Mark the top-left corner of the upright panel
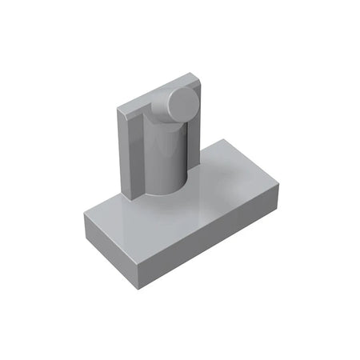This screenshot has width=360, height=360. (x=118, y=110)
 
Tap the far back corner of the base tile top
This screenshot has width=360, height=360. (x=222, y=138)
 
